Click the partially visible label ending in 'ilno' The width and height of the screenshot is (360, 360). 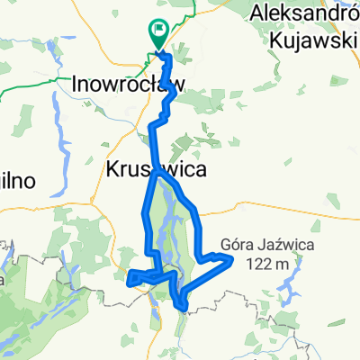click(16, 180)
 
